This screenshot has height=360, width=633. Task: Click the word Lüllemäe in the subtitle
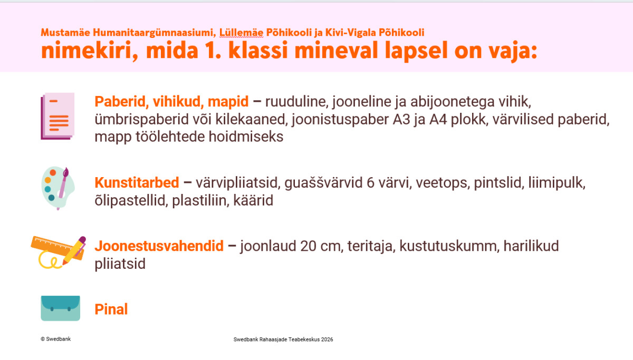pos(242,33)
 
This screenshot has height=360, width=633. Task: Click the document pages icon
pos(57,116)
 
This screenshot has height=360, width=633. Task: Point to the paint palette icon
pos(58,188)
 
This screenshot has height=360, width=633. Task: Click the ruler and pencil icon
pos(59,252)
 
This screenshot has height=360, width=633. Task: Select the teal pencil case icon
pos(61,308)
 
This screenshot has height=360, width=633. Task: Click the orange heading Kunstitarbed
pos(137,182)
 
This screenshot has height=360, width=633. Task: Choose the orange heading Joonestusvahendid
pos(159,246)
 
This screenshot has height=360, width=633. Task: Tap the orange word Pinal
pos(111,309)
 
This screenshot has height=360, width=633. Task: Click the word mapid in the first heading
pos(228,102)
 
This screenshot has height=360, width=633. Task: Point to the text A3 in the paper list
pos(401,119)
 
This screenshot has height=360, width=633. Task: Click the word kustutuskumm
pos(448,246)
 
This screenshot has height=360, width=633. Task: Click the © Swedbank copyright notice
pos(56,339)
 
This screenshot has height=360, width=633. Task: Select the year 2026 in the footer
pos(327,339)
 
